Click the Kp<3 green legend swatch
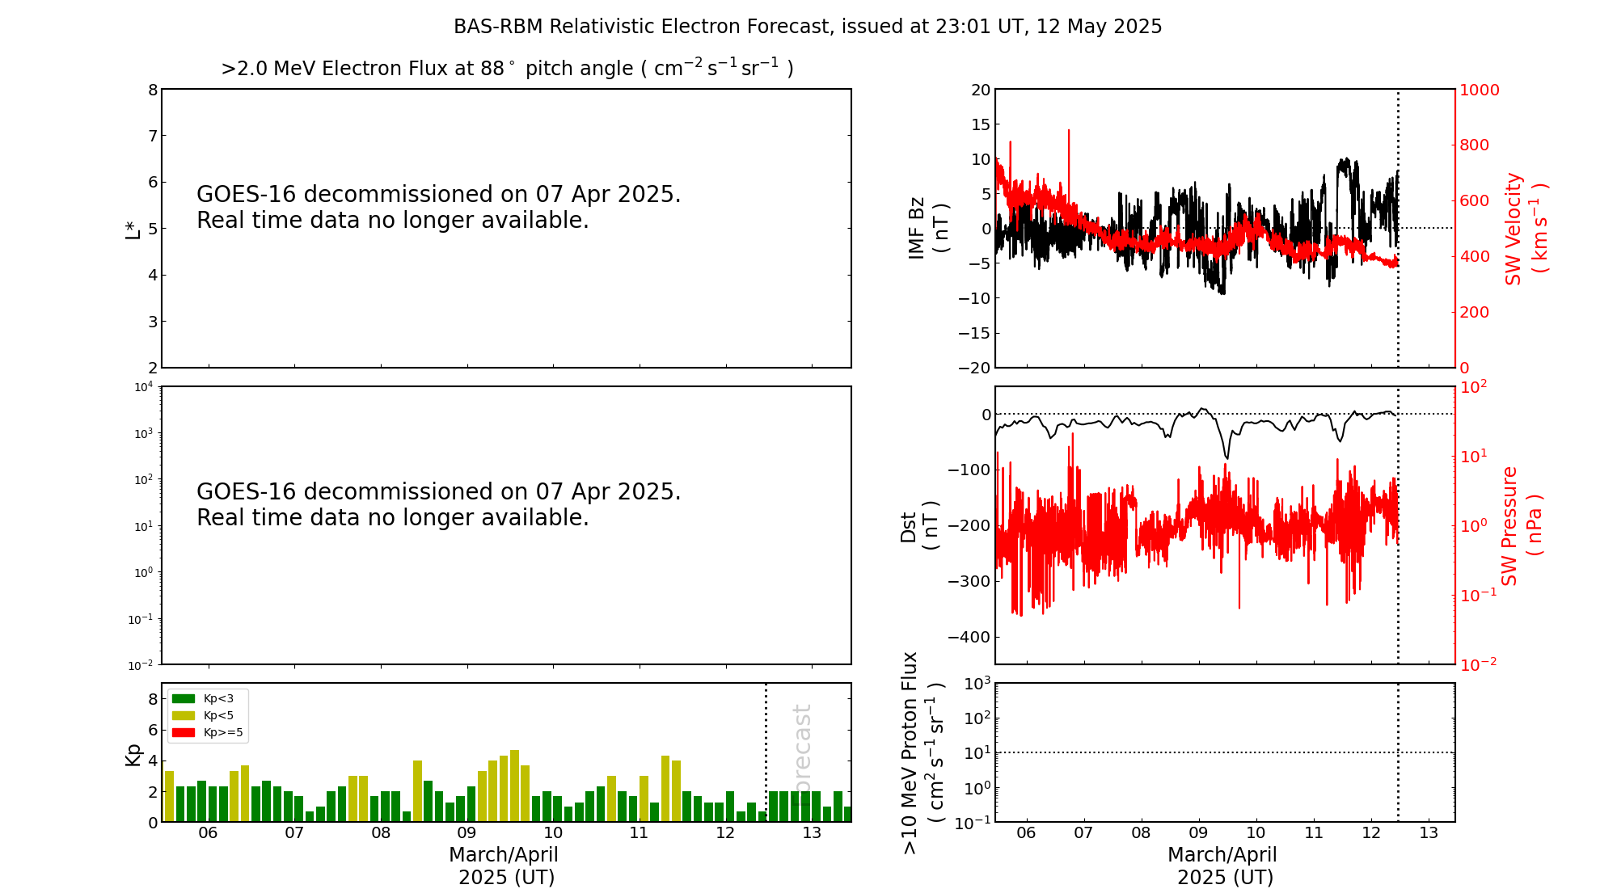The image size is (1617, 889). pos(184,698)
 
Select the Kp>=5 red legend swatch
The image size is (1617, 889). pos(184,733)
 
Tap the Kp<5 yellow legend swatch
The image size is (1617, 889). pos(184,715)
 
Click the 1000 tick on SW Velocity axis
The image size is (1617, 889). pos(1479,90)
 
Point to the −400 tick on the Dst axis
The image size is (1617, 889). pos(969,637)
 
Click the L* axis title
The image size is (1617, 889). pos(133,228)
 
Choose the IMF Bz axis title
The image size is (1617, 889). pos(928,228)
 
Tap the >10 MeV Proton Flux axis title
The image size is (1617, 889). pos(922,752)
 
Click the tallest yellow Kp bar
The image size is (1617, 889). pos(514,784)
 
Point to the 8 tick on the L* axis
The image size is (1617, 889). pos(152,90)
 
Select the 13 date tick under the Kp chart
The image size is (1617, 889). pos(812,833)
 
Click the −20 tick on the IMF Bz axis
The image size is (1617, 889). pos(974,368)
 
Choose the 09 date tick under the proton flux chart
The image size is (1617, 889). pos(1198,833)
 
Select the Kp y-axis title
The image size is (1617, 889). pos(133,754)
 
